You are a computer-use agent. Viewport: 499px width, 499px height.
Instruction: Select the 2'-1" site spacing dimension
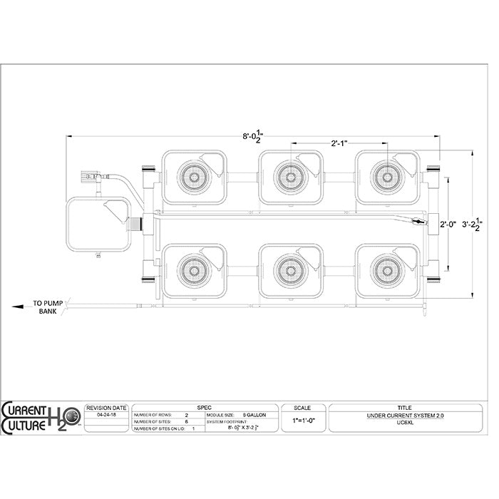(x=339, y=145)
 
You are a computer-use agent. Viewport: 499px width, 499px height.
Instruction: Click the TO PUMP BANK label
(x=47, y=308)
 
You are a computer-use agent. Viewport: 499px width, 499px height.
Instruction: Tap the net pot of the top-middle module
(x=290, y=175)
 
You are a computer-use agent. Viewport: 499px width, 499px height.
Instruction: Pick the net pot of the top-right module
(x=387, y=175)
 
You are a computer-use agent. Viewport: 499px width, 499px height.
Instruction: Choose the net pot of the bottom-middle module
(x=290, y=269)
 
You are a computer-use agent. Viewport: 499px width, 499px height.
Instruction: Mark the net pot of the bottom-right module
(x=387, y=269)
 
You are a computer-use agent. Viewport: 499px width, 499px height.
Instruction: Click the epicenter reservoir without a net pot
(x=98, y=225)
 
